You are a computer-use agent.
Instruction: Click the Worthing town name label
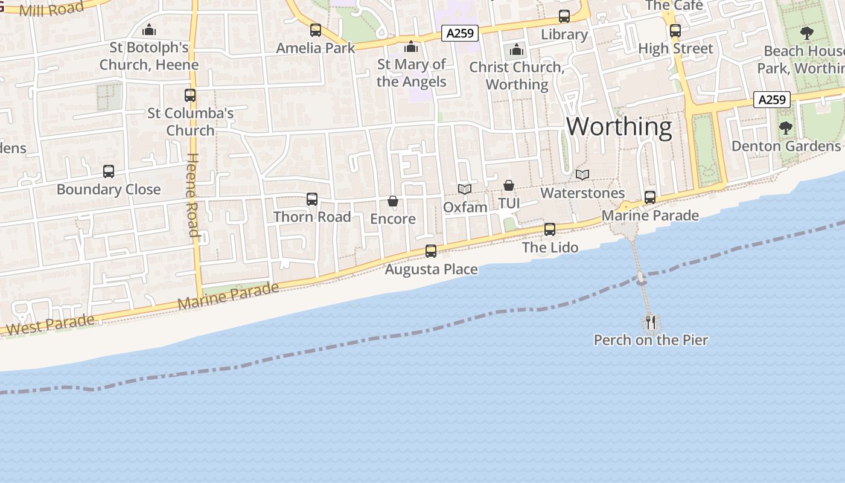point(619,127)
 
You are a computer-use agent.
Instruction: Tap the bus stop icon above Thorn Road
point(312,199)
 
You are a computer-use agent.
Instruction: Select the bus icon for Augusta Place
point(431,251)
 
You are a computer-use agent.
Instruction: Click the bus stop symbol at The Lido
point(550,229)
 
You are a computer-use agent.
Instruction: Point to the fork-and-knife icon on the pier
point(651,322)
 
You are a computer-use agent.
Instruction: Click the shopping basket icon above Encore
point(393,201)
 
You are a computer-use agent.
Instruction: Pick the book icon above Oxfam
point(464,190)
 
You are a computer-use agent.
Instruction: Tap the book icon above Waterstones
point(582,175)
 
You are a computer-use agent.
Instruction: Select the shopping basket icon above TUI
point(509,185)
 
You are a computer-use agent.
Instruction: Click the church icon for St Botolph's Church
point(149,30)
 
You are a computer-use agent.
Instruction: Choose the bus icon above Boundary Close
point(109,171)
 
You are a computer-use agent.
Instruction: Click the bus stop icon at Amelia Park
point(316,30)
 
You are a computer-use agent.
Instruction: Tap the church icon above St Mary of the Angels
point(412,46)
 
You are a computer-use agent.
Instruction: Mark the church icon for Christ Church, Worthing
point(517,50)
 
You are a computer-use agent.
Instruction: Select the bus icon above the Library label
point(564,16)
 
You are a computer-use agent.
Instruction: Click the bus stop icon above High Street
point(675,30)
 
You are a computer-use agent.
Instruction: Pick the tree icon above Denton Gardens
point(785,127)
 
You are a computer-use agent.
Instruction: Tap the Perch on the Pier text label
point(651,340)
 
